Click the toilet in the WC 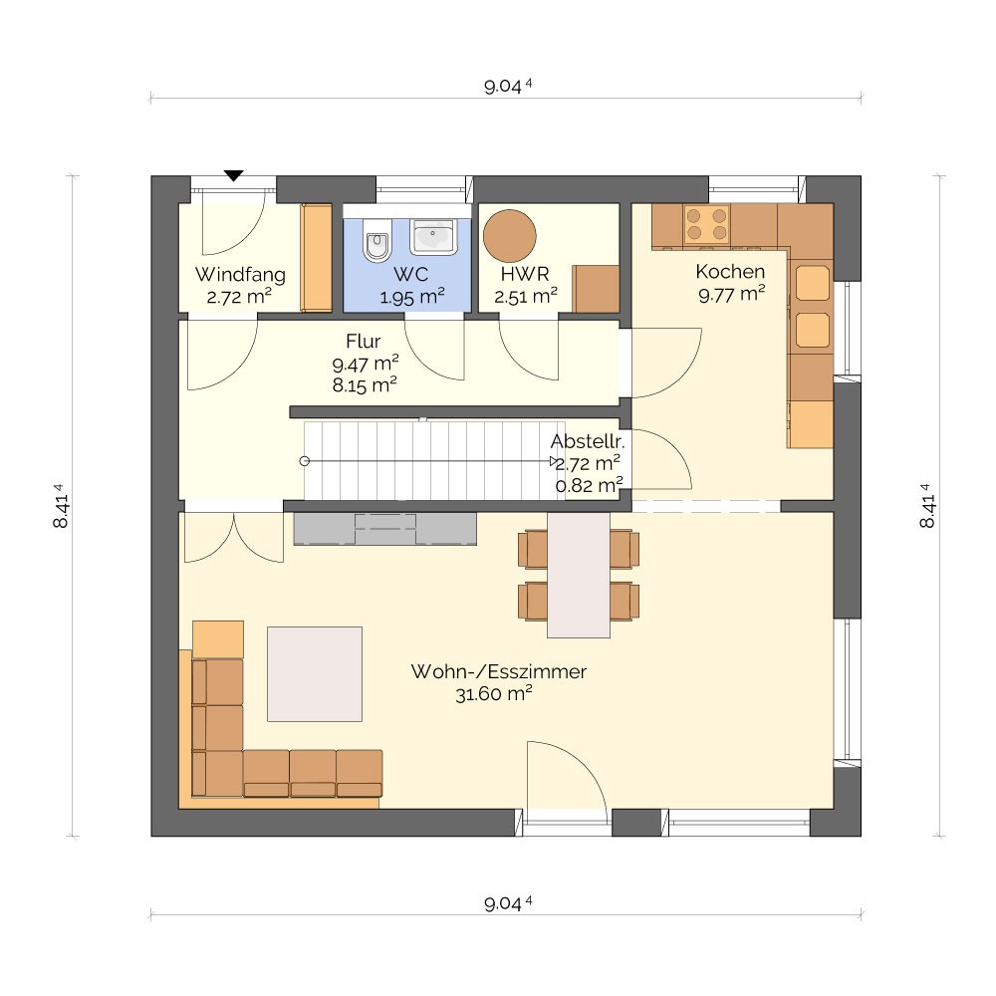point(377,241)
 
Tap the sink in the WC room point(434,237)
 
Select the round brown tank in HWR point(509,236)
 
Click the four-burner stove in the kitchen point(706,224)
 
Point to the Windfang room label point(240,275)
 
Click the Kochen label point(730,271)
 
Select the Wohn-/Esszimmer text point(499,671)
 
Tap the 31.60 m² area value point(494,693)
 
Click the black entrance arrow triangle point(234,176)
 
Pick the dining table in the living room point(579,575)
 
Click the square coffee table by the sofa point(315,674)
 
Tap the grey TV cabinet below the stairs point(384,529)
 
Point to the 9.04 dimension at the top point(508,86)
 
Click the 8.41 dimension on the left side point(61,506)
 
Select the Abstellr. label point(588,441)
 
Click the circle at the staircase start point(304,461)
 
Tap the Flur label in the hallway point(364,341)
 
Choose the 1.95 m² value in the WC point(411,297)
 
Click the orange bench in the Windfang point(317,258)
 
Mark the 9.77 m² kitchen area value point(732,294)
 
